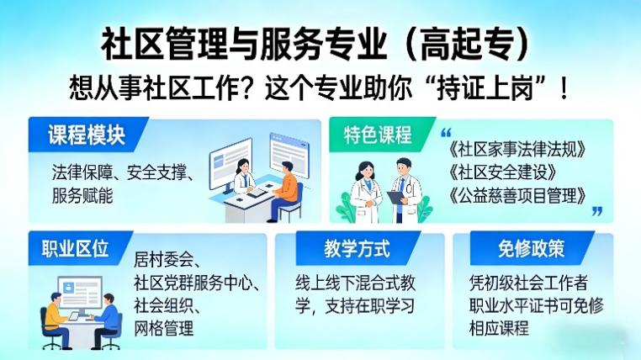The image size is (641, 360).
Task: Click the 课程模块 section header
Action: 85,135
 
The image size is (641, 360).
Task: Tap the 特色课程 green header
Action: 379,135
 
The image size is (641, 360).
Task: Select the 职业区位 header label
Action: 76,249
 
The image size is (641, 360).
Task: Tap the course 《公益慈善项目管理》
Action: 517,196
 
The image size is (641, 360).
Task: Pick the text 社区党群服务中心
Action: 200,282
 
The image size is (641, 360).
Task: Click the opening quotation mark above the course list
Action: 446,133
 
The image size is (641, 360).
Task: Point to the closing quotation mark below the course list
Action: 596,211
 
